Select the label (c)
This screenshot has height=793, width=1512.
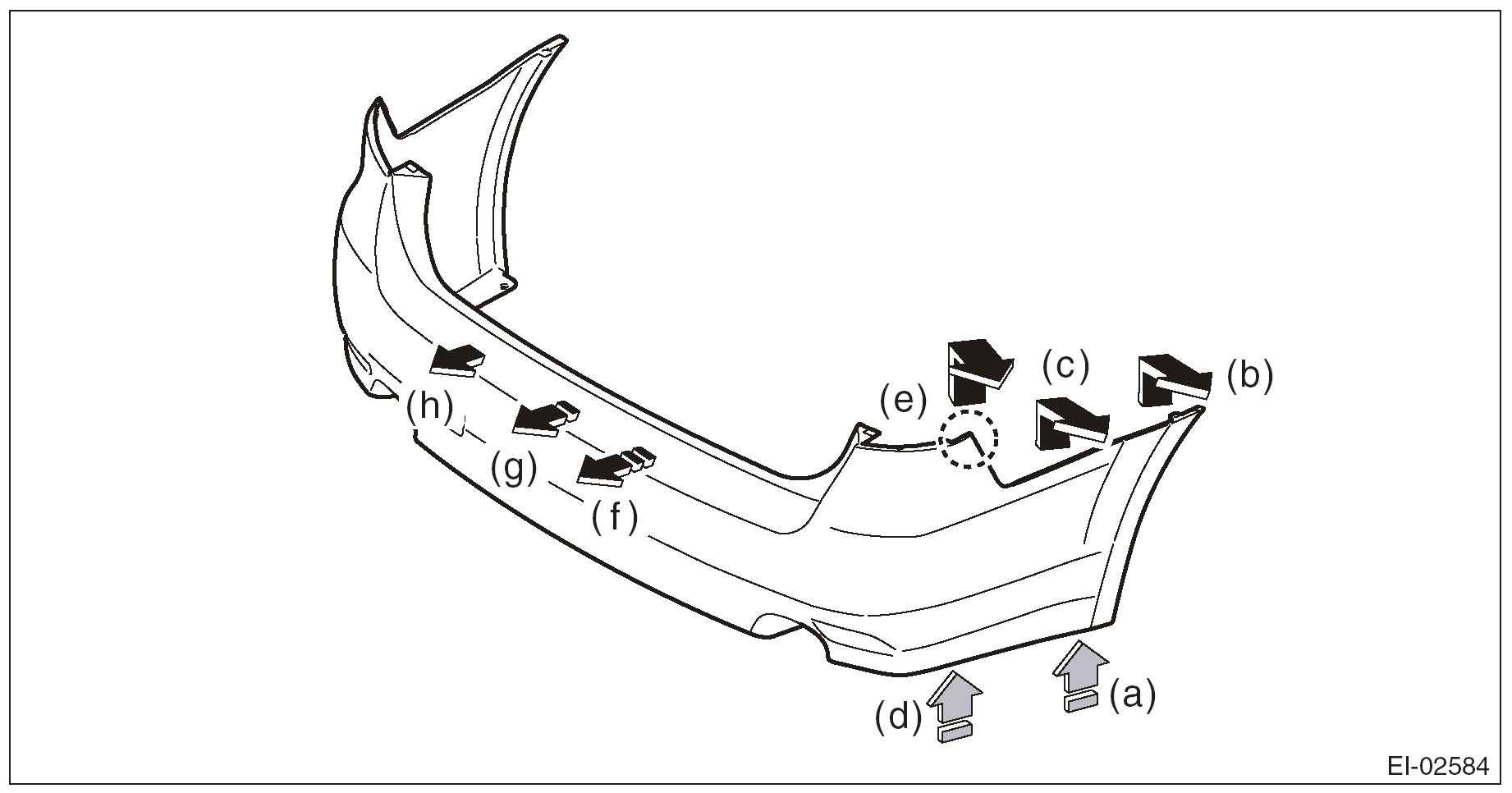(x=1065, y=365)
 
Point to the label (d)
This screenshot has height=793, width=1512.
(x=898, y=717)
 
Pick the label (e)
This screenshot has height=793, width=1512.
(x=903, y=401)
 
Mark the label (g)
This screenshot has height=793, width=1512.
(x=514, y=470)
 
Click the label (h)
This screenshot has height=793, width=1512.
(x=430, y=406)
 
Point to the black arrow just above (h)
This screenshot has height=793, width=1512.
(x=457, y=360)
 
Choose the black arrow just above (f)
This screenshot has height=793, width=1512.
(x=613, y=467)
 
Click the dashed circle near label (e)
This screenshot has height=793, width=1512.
(x=969, y=438)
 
